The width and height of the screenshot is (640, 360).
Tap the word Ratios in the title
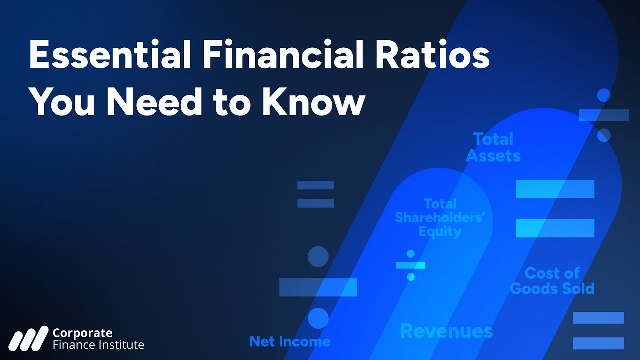436,56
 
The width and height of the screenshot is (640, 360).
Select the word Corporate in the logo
82,333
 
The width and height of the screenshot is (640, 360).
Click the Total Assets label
493,147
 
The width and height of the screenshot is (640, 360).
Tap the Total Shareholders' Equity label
440,218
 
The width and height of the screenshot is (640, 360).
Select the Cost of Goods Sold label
552,281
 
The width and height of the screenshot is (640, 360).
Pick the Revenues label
446,331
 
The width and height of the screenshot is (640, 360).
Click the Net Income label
290,342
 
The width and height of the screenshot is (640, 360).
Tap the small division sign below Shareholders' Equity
410,265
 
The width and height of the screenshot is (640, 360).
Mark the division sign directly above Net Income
318,287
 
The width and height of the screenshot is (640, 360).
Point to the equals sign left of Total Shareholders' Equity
315,194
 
